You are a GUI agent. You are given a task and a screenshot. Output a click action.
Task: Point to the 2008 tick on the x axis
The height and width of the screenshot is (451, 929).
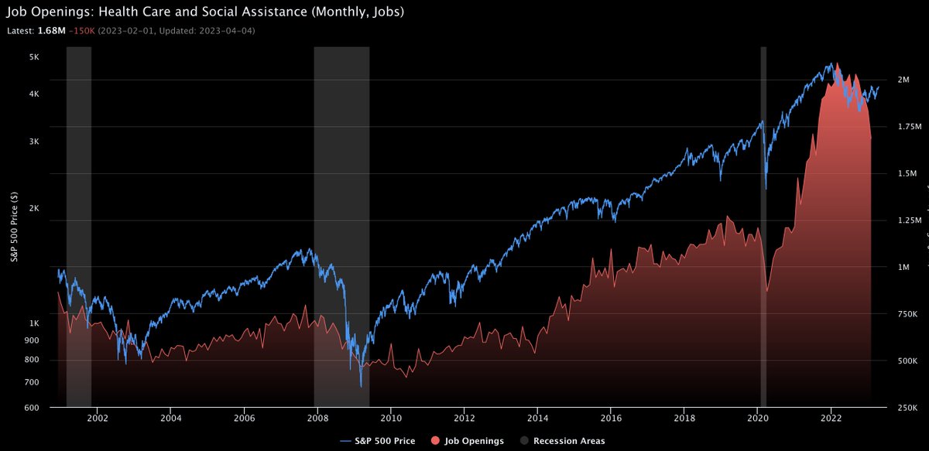point(317,417)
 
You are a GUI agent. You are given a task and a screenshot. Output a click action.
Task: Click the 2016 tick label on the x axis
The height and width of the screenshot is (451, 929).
point(611,417)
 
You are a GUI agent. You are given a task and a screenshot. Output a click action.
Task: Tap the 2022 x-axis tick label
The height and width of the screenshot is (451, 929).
point(831,417)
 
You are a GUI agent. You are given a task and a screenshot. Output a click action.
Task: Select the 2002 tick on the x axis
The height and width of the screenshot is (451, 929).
point(98,417)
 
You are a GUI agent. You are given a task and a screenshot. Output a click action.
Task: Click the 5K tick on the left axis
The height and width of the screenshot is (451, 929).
point(35,57)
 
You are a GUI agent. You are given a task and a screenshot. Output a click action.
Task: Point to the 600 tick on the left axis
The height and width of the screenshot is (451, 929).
point(33,407)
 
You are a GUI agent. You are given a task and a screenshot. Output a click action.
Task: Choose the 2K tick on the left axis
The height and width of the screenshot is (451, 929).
point(35,209)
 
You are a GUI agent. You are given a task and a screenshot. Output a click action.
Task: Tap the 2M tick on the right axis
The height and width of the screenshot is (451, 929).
point(903,80)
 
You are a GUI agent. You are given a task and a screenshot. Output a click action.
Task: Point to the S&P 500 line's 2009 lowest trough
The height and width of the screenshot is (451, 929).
point(361,385)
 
